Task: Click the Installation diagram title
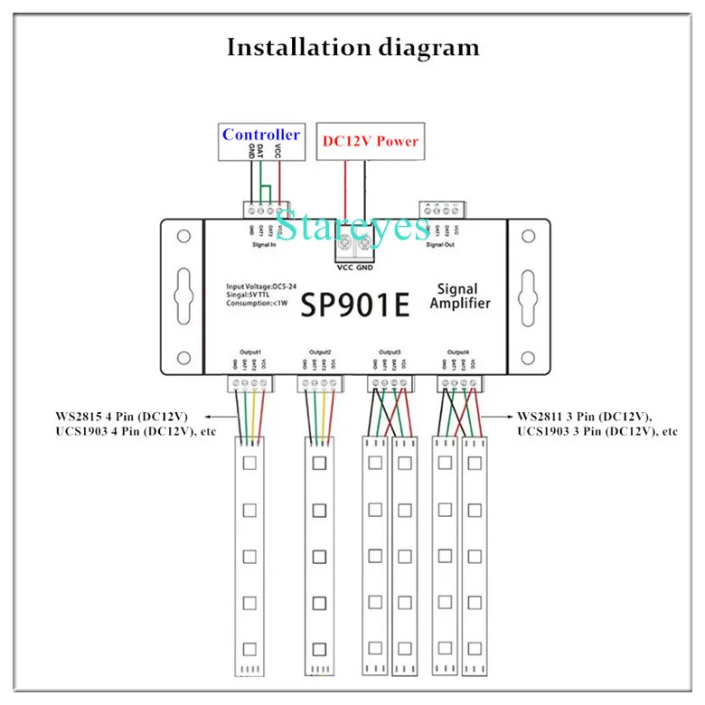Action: point(352,47)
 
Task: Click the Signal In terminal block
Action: point(265,209)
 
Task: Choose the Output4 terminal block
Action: point(459,384)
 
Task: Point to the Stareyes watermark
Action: point(352,225)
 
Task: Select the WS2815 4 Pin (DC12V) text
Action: point(121,417)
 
